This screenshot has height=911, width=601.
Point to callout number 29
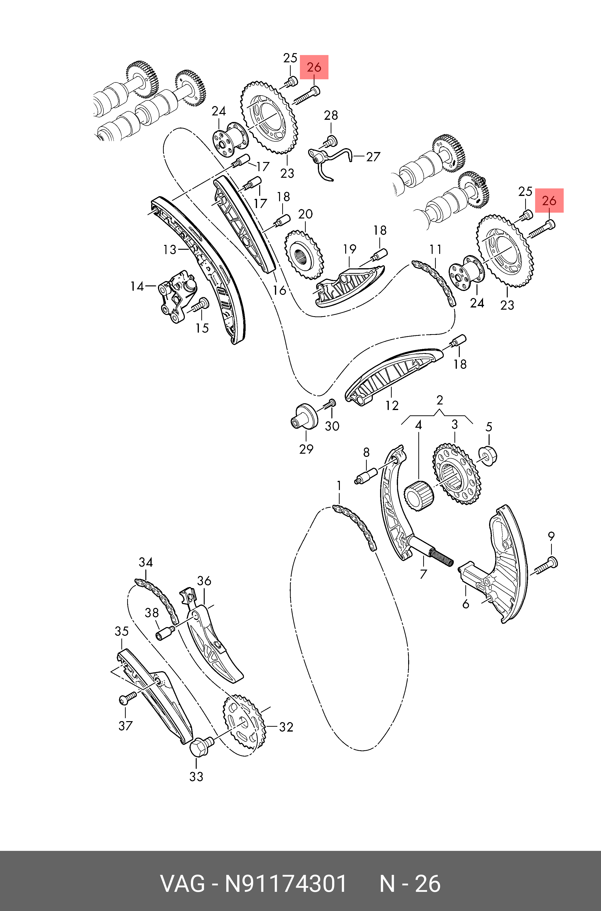tap(306, 449)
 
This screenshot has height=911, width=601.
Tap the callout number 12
tap(392, 405)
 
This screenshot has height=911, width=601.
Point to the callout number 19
tap(349, 249)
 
